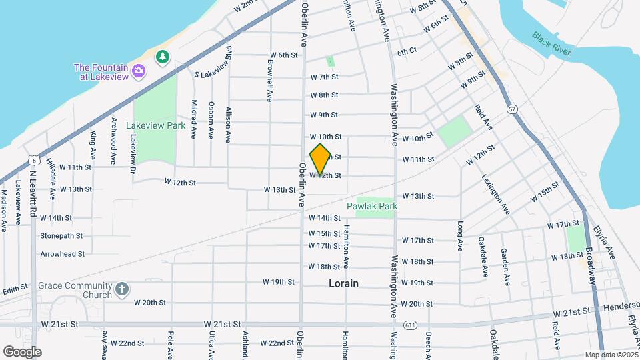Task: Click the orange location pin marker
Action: (x=321, y=159)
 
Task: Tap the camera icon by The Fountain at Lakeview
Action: (x=139, y=71)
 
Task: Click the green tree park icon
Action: (x=162, y=57)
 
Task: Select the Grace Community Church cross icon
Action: (x=121, y=289)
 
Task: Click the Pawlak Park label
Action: (x=372, y=206)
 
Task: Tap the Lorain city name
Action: (x=343, y=283)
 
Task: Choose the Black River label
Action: (x=553, y=43)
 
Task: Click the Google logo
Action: (x=22, y=351)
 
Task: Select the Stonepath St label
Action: (x=61, y=235)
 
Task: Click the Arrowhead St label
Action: (x=63, y=253)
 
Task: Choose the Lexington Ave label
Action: (x=496, y=195)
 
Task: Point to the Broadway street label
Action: (x=590, y=267)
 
